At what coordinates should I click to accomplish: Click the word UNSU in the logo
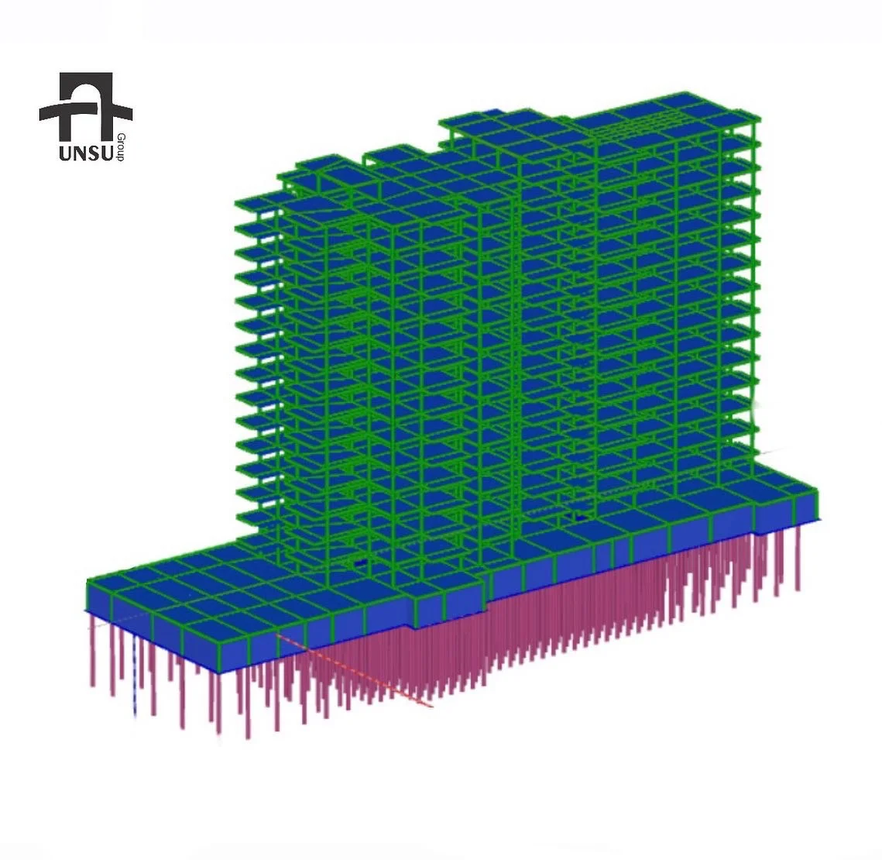coord(86,153)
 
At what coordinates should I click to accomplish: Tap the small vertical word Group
coord(121,148)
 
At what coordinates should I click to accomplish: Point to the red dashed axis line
coord(355,669)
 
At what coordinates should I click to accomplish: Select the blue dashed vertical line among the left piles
coord(135,676)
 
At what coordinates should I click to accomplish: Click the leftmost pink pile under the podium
coord(92,649)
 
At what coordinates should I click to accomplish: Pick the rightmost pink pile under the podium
coord(798,557)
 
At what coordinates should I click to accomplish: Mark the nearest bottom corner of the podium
coord(218,673)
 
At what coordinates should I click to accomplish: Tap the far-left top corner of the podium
coord(88,580)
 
